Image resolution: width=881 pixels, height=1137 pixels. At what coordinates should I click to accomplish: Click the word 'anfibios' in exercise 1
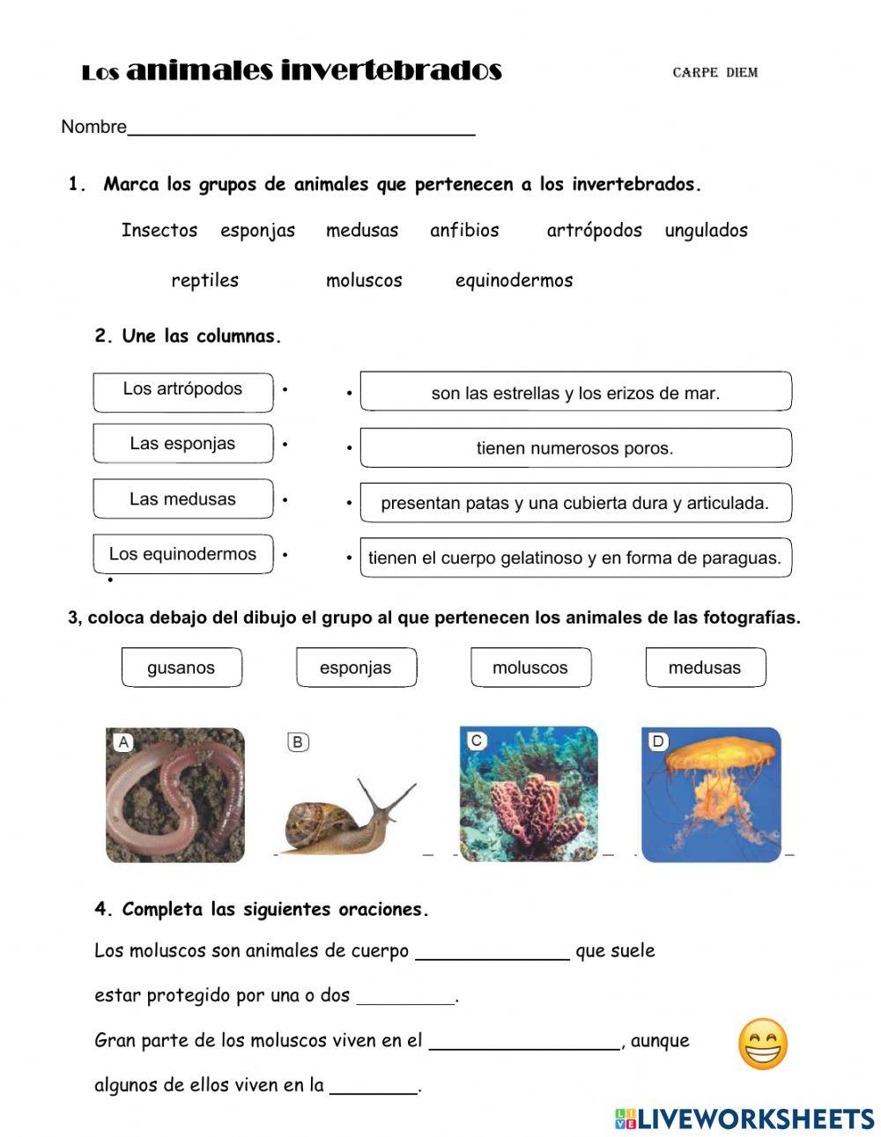464,231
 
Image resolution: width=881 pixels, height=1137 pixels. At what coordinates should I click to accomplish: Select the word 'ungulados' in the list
706,231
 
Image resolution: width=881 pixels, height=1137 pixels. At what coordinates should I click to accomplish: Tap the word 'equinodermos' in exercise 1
514,281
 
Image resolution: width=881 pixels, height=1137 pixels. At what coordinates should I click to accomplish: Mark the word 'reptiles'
204,281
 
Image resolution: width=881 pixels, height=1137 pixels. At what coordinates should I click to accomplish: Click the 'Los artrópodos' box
183,391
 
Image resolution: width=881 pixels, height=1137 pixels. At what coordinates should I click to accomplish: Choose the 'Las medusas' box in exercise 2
183,499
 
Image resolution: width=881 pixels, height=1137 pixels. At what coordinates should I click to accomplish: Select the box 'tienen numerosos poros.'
575,448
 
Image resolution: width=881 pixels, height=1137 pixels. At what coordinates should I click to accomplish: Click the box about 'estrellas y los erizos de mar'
575,393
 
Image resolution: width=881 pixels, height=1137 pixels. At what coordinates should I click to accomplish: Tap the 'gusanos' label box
181,668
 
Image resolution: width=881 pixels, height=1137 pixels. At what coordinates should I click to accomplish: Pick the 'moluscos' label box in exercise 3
530,668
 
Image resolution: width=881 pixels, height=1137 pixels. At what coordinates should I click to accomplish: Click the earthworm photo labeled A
175,794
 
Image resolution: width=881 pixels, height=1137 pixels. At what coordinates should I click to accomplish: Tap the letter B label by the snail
298,742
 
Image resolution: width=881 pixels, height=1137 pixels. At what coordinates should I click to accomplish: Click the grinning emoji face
762,1045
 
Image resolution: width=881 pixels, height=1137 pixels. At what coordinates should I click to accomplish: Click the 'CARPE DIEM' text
714,73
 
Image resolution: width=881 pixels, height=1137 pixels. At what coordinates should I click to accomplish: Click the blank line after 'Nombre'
301,129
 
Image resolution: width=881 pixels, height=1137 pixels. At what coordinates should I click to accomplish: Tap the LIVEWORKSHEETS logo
744,1119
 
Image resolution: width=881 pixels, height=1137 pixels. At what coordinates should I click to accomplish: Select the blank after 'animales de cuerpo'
492,952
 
